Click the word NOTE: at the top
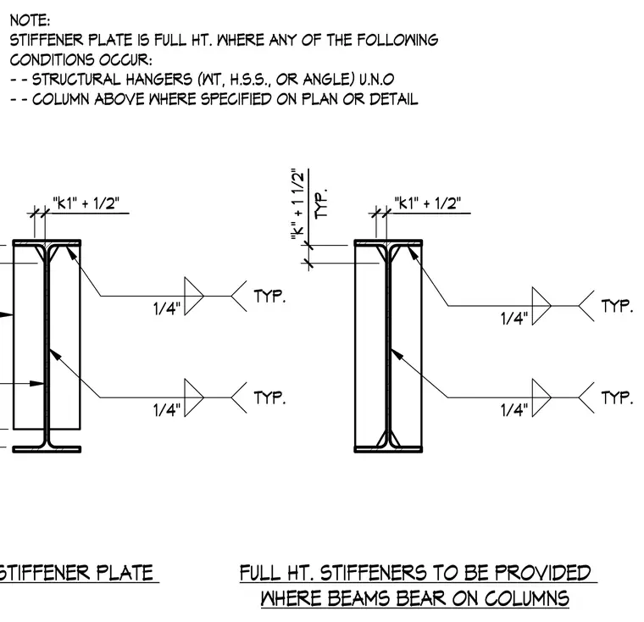pyautogui.click(x=30, y=20)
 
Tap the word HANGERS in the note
pyautogui.click(x=158, y=79)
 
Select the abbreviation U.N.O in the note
pyautogui.click(x=376, y=79)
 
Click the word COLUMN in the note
pyautogui.click(x=60, y=99)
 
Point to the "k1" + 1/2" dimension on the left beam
pyautogui.click(x=86, y=203)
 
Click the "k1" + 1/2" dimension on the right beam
pyautogui.click(x=428, y=203)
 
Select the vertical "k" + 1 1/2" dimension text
pyautogui.click(x=297, y=203)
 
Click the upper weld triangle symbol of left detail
pyautogui.click(x=194, y=297)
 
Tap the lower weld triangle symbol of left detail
pyautogui.click(x=194, y=397)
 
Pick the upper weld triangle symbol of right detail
pyautogui.click(x=541, y=306)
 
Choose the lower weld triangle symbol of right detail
pyautogui.click(x=541, y=397)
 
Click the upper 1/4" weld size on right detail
pyautogui.click(x=514, y=319)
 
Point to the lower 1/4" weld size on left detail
pyautogui.click(x=167, y=410)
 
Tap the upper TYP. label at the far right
pyautogui.click(x=617, y=306)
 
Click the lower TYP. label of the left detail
pyautogui.click(x=269, y=397)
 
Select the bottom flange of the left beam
pyautogui.click(x=47, y=449)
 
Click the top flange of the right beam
pyautogui.click(x=388, y=243)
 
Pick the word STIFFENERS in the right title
pyautogui.click(x=373, y=573)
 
